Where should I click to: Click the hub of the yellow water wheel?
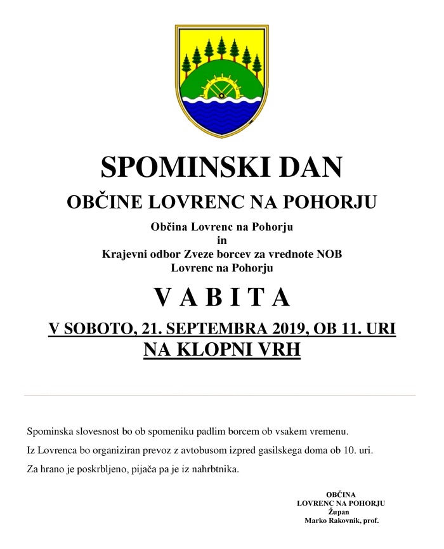[x=221, y=96]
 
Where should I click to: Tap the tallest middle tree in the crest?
[x=222, y=48]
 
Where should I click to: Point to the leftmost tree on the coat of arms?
[x=186, y=64]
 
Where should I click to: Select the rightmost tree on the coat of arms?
[x=257, y=64]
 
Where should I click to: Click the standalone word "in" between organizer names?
[x=221, y=240]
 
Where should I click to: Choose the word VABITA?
[x=221, y=298]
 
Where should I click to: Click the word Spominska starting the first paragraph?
[x=51, y=432]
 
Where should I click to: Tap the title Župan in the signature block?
[x=341, y=511]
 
